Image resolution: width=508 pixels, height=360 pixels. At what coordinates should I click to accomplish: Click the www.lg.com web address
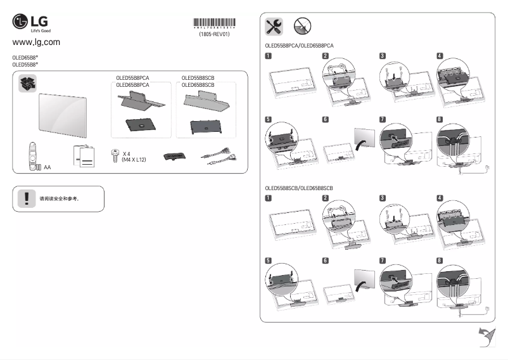point(36,42)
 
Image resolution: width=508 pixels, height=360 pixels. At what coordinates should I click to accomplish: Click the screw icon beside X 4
point(115,155)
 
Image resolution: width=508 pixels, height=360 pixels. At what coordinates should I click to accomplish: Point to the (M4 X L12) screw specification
point(134,160)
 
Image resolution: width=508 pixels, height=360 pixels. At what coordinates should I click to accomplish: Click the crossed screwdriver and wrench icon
point(274,26)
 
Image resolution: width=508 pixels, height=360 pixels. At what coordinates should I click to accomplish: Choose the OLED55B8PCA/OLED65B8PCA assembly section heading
point(299,46)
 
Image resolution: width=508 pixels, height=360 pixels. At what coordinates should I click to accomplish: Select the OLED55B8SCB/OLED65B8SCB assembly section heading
point(299,189)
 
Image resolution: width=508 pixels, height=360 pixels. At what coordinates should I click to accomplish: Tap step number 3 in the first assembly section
point(383,56)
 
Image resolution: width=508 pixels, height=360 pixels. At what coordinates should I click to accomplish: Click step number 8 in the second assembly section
point(440,260)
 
